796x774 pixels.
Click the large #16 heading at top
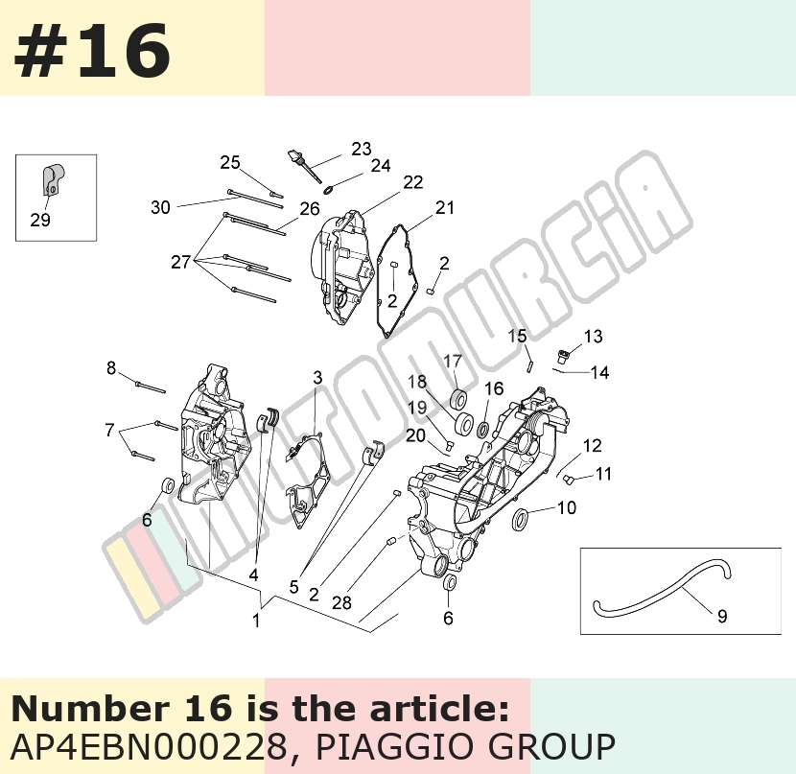click(x=92, y=51)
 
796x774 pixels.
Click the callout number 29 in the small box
click(x=40, y=221)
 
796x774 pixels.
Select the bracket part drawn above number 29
click(x=53, y=179)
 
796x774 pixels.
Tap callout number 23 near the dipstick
click(x=361, y=149)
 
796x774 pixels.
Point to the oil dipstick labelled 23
click(x=305, y=166)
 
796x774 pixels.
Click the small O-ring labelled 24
click(x=328, y=190)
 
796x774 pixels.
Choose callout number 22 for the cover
click(x=412, y=182)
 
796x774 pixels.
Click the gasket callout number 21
click(x=445, y=207)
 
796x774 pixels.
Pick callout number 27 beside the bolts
click(x=180, y=263)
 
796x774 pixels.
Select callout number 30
click(x=160, y=207)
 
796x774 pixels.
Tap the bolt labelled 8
click(x=151, y=387)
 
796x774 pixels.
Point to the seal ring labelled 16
click(x=483, y=430)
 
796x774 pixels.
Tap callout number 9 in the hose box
click(x=722, y=616)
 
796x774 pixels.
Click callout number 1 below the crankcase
click(x=256, y=621)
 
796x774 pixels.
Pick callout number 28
click(x=341, y=603)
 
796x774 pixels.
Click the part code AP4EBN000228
click(x=149, y=746)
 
